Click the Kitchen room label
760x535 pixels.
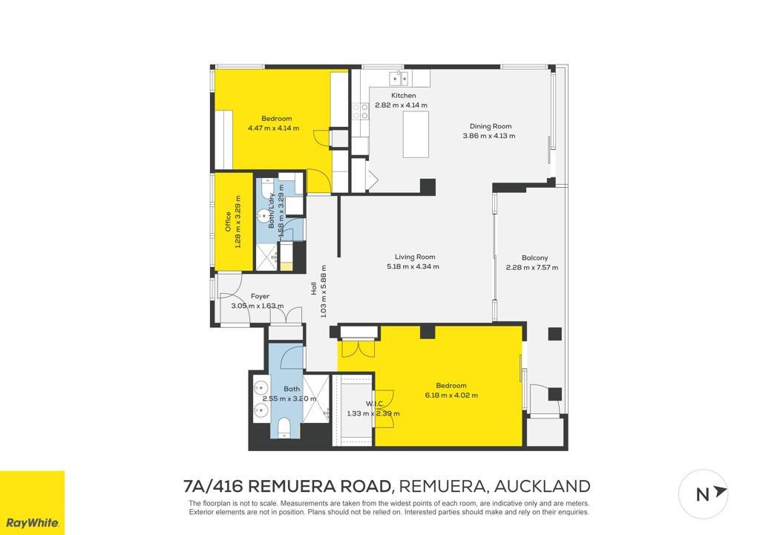tap(403, 96)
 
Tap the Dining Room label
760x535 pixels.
tap(491, 126)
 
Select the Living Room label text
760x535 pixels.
tap(415, 257)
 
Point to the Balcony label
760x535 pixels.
tap(534, 257)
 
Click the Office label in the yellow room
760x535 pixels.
tap(228, 221)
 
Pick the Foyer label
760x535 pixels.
tap(260, 296)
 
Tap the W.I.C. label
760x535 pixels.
tap(375, 404)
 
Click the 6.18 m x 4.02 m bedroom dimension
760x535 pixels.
tap(451, 395)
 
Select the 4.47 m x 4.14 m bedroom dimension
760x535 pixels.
tap(273, 128)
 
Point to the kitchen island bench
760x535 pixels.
tap(416, 134)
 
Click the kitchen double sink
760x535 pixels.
tap(399, 78)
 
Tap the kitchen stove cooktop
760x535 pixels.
tap(361, 111)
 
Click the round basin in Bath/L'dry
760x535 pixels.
tap(264, 215)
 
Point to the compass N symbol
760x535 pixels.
tap(703, 494)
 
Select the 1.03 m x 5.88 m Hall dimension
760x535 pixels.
tap(324, 291)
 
